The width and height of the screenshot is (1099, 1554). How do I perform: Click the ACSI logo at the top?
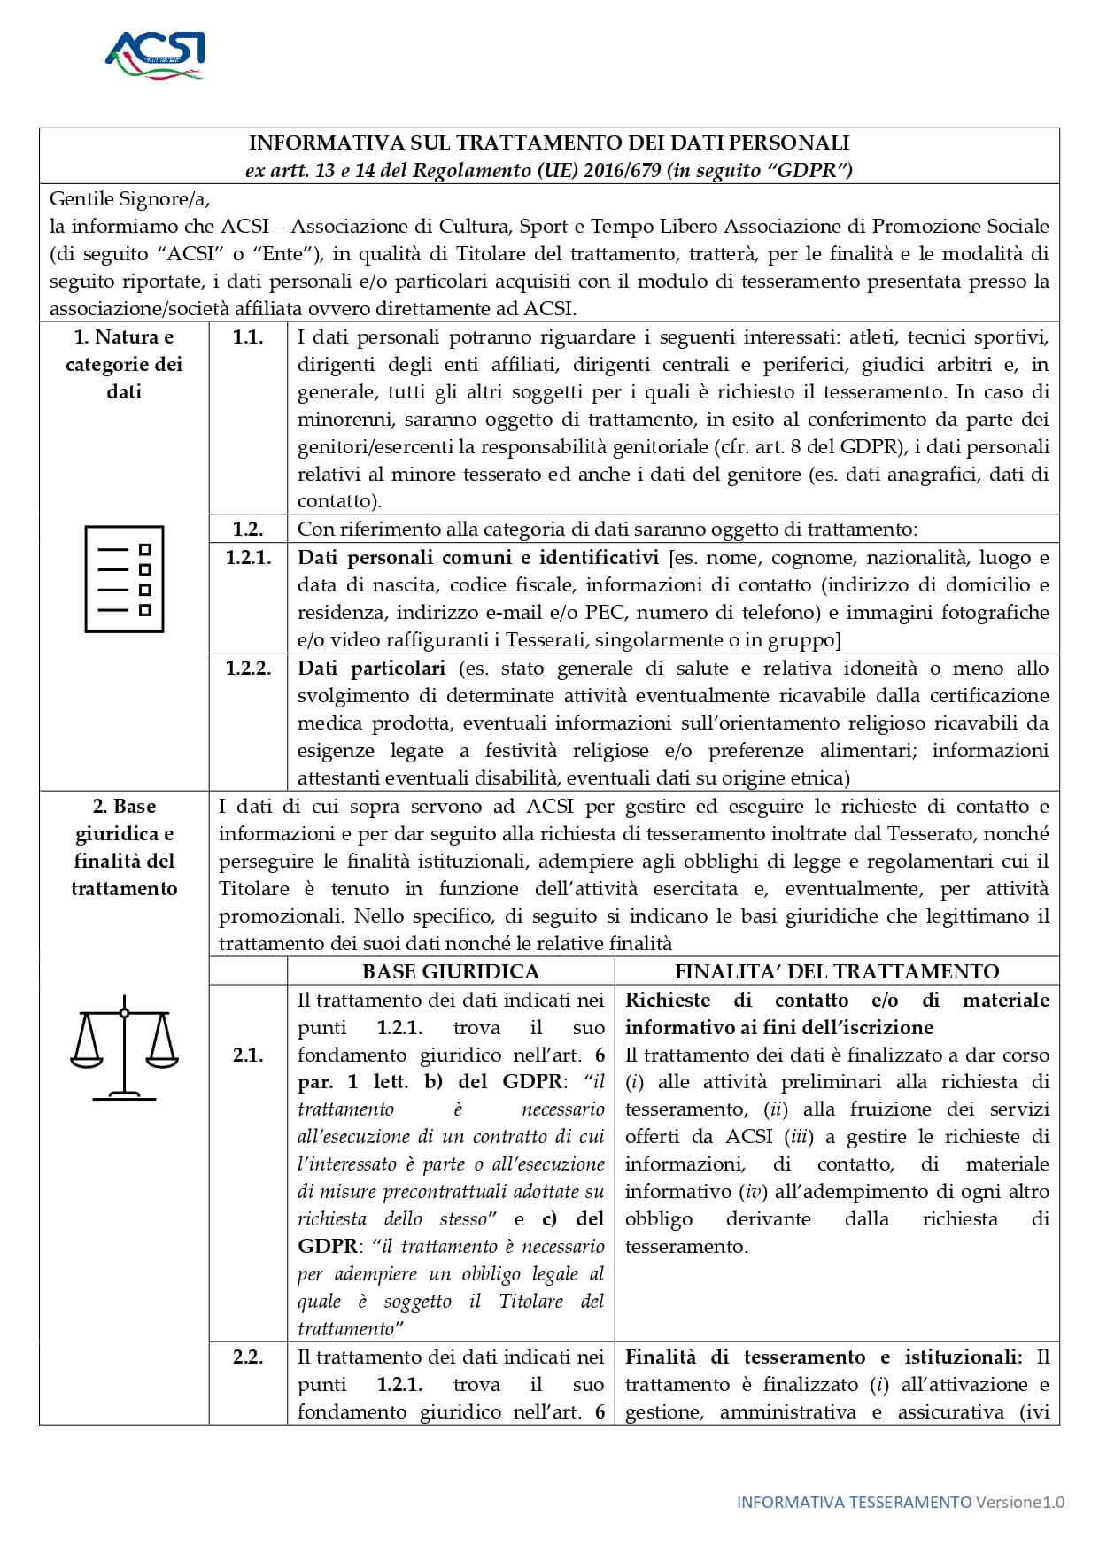pyautogui.click(x=156, y=55)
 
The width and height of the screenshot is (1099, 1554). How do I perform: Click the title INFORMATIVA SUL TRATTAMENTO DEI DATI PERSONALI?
pyautogui.click(x=549, y=143)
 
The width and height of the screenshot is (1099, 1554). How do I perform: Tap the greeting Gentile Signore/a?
pyautogui.click(x=129, y=198)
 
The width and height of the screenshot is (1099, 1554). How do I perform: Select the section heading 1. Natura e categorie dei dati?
pyautogui.click(x=124, y=364)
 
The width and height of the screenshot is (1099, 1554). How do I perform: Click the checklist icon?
pyautogui.click(x=124, y=579)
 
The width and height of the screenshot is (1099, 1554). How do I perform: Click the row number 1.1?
pyautogui.click(x=248, y=336)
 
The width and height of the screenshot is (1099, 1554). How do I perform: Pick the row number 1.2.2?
pyautogui.click(x=248, y=668)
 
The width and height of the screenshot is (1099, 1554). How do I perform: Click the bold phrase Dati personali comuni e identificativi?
pyautogui.click(x=478, y=557)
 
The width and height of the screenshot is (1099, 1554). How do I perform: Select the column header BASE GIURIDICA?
pyautogui.click(x=451, y=971)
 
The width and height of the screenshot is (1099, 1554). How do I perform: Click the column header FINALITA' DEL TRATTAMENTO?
pyautogui.click(x=837, y=971)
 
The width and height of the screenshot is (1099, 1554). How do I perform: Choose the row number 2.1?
pyautogui.click(x=248, y=1055)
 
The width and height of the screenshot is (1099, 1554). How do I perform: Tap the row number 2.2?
pyautogui.click(x=248, y=1357)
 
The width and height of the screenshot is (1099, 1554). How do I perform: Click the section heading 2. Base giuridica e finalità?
pyautogui.click(x=124, y=847)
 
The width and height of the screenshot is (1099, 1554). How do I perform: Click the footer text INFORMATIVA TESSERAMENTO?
pyautogui.click(x=854, y=1502)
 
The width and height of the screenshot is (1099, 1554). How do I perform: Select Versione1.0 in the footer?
pyautogui.click(x=1020, y=1502)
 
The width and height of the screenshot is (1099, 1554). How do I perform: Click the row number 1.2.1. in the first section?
pyautogui.click(x=248, y=557)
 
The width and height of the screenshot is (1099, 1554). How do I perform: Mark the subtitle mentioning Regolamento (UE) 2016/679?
pyautogui.click(x=549, y=170)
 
